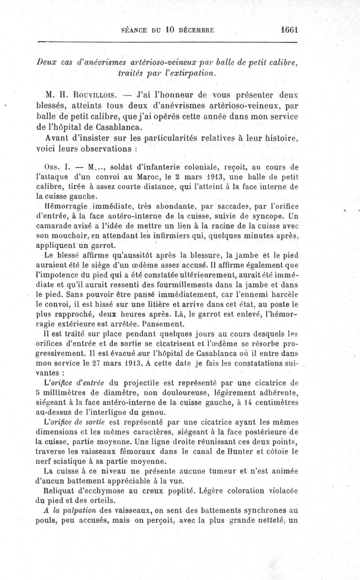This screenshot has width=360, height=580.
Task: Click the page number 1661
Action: (289, 30)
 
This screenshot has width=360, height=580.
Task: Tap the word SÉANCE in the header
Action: (135, 31)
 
